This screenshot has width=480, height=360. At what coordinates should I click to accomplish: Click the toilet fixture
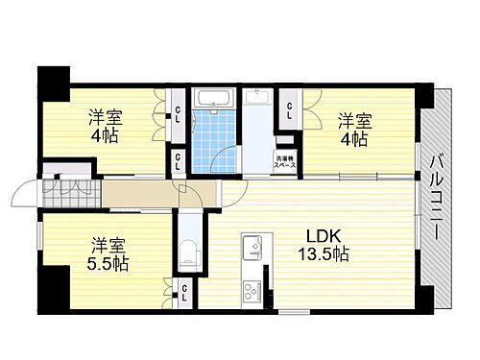coord(189,254)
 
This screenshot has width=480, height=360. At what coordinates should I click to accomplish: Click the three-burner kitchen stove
coord(252,290)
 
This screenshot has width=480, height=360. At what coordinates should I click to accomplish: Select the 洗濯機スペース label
coord(285,163)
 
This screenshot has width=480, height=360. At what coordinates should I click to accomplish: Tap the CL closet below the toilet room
coord(182,294)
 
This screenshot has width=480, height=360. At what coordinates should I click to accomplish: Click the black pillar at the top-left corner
coord(55,78)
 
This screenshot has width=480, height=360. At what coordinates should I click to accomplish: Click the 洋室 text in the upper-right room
coord(354,122)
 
